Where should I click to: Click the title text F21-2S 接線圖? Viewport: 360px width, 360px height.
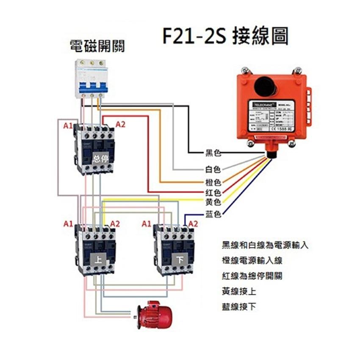click(225, 37)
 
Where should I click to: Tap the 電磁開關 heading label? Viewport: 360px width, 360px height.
click(97, 46)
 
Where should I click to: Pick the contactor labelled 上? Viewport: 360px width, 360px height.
click(95, 250)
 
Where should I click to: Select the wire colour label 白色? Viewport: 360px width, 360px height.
click(213, 169)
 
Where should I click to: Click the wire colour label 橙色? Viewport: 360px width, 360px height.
click(213, 183)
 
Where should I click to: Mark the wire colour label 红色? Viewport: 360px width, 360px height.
click(213, 193)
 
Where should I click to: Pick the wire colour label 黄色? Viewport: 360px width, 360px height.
click(213, 201)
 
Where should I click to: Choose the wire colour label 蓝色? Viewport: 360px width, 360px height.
click(213, 214)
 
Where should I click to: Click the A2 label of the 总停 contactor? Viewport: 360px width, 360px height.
click(120, 125)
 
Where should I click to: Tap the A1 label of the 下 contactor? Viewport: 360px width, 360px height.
click(147, 223)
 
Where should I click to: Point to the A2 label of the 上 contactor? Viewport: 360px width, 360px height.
click(115, 223)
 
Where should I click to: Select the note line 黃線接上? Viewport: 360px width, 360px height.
click(239, 292)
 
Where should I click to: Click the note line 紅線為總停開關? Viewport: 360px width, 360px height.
click(252, 276)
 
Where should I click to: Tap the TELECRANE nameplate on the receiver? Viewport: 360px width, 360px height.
click(275, 119)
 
